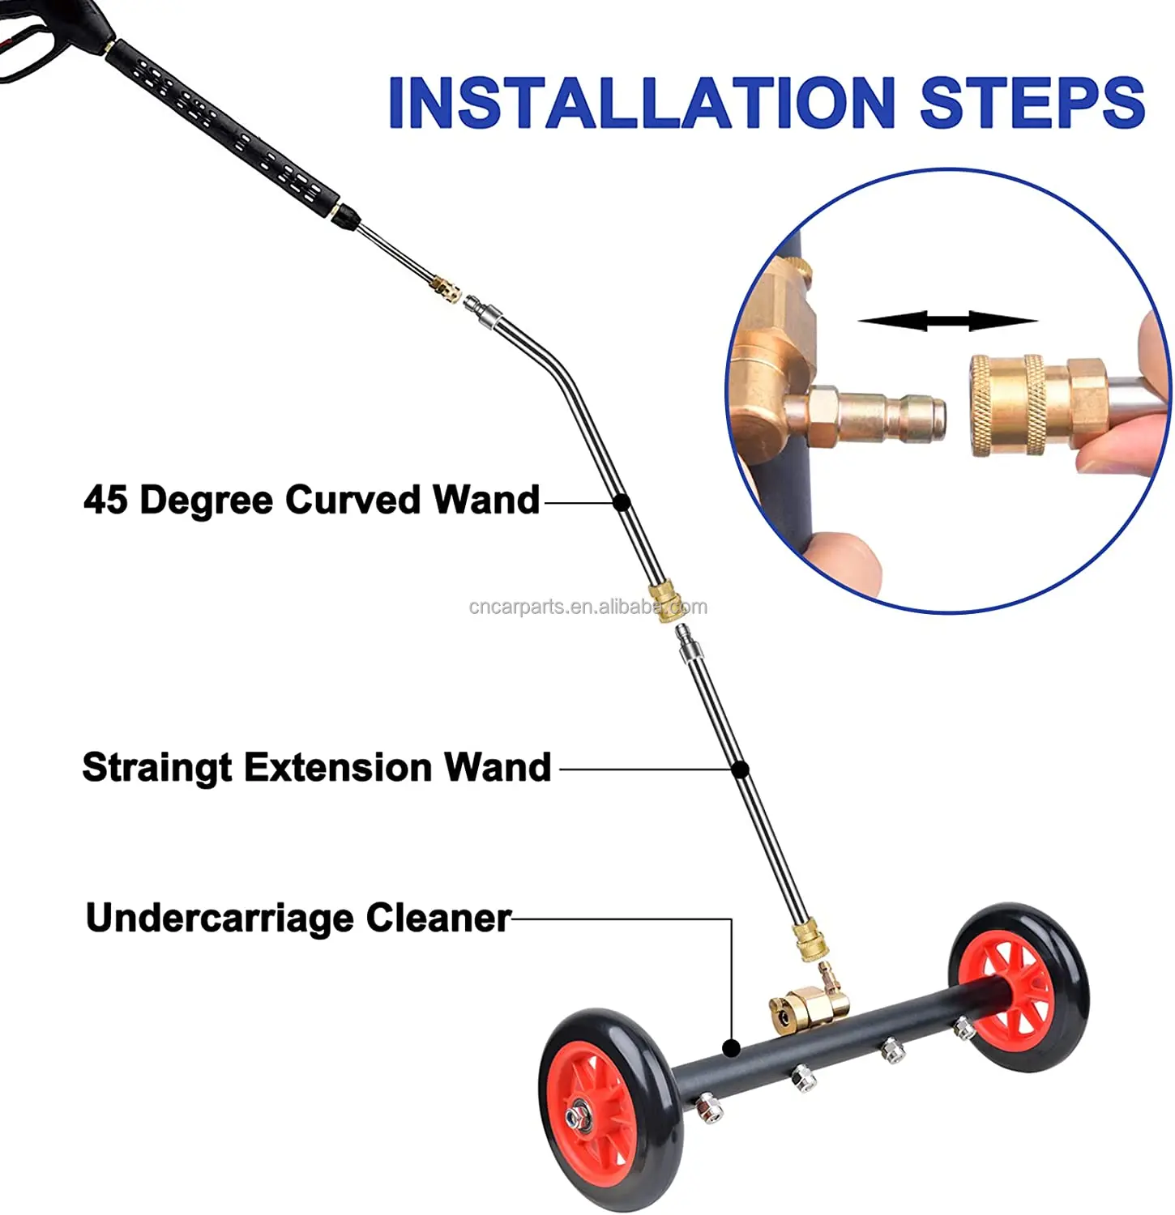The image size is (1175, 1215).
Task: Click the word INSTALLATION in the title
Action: click(x=640, y=103)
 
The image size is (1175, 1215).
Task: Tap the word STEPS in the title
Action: click(x=1032, y=103)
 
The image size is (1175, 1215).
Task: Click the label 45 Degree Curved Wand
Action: click(x=311, y=500)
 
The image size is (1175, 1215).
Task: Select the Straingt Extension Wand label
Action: click(x=316, y=767)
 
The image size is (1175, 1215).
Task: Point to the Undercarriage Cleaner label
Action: click(x=298, y=919)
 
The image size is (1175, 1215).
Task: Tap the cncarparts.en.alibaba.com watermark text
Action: click(x=587, y=607)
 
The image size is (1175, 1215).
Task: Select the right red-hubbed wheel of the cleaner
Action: click(x=1019, y=988)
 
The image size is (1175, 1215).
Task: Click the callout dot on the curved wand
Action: click(x=622, y=502)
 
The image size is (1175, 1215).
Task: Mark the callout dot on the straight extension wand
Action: click(x=740, y=769)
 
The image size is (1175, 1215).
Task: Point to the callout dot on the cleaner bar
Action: click(x=731, y=1048)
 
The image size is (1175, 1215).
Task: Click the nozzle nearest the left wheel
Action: click(x=710, y=1107)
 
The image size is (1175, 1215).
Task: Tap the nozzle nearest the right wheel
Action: click(x=963, y=1029)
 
